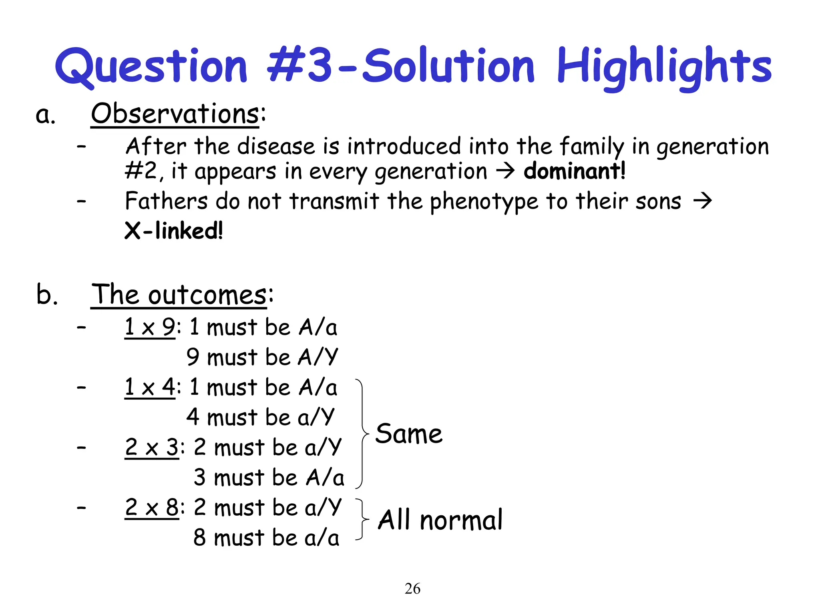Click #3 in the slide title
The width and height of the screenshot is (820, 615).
point(300,66)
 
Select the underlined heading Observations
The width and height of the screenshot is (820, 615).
point(175,114)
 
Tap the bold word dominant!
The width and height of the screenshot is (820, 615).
point(574,171)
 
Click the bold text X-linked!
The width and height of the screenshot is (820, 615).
point(173,231)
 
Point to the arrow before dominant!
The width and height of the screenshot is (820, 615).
point(505,171)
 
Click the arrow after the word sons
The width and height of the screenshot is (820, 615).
point(703,201)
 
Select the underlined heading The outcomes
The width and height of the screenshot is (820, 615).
point(179,295)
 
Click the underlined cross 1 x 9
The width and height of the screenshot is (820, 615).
point(149,328)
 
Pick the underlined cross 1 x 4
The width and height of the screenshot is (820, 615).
point(149,388)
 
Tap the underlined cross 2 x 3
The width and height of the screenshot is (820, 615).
point(151,448)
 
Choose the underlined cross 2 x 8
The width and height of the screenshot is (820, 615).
point(151,508)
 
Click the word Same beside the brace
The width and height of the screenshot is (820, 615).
point(409,434)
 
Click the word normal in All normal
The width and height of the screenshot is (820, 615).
point(461,521)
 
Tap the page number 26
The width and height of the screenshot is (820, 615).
point(412,589)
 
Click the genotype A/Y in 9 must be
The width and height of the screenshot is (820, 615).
point(318,357)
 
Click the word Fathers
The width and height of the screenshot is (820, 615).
point(166,201)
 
